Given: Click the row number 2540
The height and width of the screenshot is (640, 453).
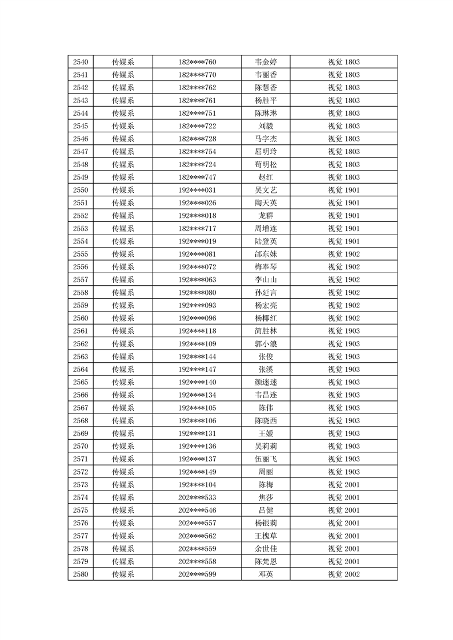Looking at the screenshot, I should (x=81, y=62).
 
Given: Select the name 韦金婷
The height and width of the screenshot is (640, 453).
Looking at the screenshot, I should (x=266, y=62).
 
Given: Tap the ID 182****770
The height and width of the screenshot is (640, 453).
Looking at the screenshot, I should (x=197, y=75).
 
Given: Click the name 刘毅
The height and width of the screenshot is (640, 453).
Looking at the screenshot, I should (x=266, y=126).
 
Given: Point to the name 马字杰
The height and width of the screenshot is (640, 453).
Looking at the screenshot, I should (x=266, y=139).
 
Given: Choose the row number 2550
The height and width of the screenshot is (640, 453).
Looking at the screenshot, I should (x=81, y=190).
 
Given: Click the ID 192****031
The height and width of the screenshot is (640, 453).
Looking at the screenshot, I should (x=197, y=190).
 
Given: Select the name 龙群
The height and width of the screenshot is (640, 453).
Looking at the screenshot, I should (x=266, y=216).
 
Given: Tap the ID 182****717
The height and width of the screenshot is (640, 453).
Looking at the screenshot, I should (x=197, y=229).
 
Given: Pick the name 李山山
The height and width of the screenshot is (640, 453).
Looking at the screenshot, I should (x=266, y=280).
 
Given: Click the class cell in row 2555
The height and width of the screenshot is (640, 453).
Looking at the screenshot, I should (x=343, y=254).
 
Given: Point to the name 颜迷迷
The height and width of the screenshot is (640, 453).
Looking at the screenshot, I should (x=266, y=382).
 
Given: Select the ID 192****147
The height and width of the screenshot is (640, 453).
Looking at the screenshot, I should (x=197, y=369).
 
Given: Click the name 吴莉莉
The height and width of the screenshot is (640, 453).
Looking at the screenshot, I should (x=266, y=446).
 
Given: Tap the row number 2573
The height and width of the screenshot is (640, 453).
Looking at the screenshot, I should (x=81, y=484).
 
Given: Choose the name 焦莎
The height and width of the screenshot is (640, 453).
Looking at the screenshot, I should (x=266, y=497).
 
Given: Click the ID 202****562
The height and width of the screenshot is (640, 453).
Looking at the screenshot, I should (x=197, y=536).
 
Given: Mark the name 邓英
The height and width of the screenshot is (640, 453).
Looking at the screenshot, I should (x=266, y=574).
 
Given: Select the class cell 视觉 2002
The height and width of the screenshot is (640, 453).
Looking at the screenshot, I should (x=343, y=574).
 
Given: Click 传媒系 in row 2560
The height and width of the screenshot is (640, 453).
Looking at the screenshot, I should (x=123, y=318).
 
